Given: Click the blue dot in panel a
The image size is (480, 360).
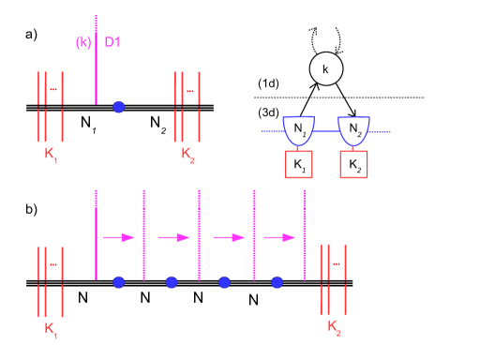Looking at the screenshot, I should [118, 107].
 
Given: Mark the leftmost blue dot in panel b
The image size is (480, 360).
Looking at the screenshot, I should [118, 281].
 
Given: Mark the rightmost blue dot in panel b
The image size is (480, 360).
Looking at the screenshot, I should [277, 281].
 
